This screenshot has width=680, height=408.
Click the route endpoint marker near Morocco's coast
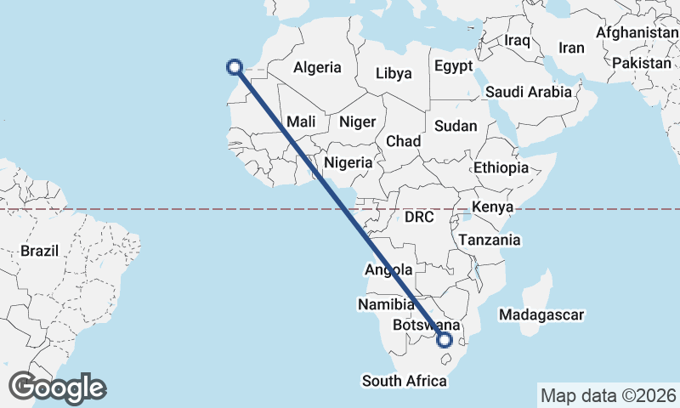235,67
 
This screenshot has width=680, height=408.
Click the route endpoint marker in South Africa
444,340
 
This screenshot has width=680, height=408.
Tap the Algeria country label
317,68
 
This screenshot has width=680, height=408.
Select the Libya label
394,73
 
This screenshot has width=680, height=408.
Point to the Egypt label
452,66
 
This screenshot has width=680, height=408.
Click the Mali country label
301,122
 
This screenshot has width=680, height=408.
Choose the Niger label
357,122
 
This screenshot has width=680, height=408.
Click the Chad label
403,141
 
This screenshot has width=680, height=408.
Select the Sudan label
456,126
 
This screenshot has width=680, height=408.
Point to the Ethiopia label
501,168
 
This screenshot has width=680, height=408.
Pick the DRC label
419,218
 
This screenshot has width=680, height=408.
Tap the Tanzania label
489,241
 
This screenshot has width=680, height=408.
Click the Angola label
388,270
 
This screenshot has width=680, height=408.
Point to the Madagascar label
542,315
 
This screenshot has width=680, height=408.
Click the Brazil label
39,252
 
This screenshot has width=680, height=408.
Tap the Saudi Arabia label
528,92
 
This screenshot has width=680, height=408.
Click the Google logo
57,388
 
